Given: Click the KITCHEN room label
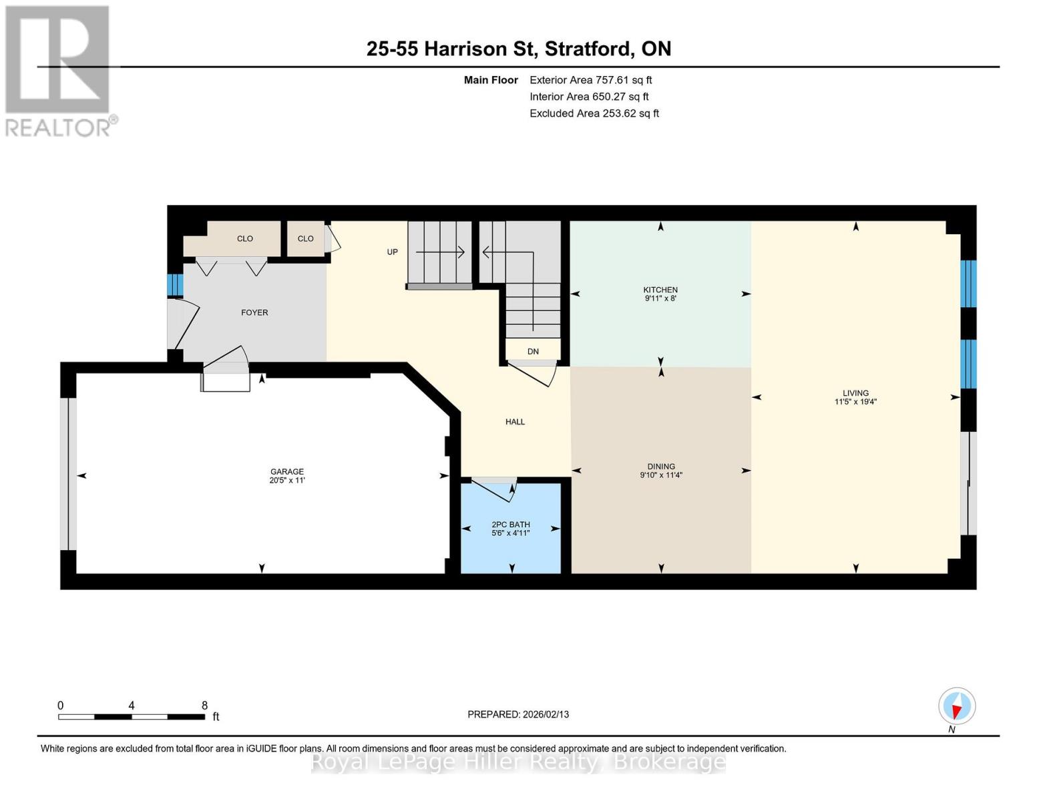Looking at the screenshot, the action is (660, 290).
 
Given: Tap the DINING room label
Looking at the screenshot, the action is (661, 466).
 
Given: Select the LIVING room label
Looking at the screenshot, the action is (855, 393).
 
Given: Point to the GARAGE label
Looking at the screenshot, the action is (287, 471).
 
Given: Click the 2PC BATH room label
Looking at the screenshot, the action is (511, 524).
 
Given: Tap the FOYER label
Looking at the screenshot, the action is (254, 312).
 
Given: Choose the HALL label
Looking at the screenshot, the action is (515, 422).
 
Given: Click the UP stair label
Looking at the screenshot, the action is (392, 252).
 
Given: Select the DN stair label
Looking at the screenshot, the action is (533, 352).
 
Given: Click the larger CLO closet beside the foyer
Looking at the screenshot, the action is (245, 238).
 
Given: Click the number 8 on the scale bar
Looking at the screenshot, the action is (205, 705).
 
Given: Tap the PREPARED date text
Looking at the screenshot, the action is (518, 714).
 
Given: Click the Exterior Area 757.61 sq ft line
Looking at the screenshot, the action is (591, 80).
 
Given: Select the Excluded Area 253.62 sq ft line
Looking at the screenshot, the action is (594, 113).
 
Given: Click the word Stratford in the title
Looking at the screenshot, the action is (590, 49).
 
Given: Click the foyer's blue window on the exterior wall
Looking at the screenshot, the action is (175, 285).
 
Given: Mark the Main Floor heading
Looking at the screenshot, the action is (491, 80).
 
